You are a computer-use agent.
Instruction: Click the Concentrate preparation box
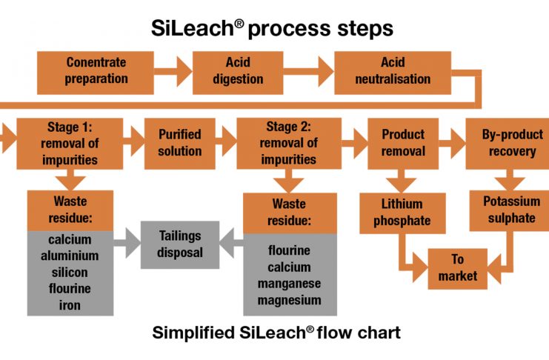tap(96, 71)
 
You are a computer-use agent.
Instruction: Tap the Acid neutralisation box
tap(393, 71)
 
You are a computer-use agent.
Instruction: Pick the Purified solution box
tap(179, 143)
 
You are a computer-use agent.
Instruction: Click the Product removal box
tap(403, 143)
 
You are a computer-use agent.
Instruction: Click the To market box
tap(457, 268)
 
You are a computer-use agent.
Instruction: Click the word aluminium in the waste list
tap(70, 254)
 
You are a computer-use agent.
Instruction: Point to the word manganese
tap(290, 284)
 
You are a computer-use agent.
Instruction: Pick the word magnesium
tap(290, 300)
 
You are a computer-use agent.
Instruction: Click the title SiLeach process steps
tap(274, 28)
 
